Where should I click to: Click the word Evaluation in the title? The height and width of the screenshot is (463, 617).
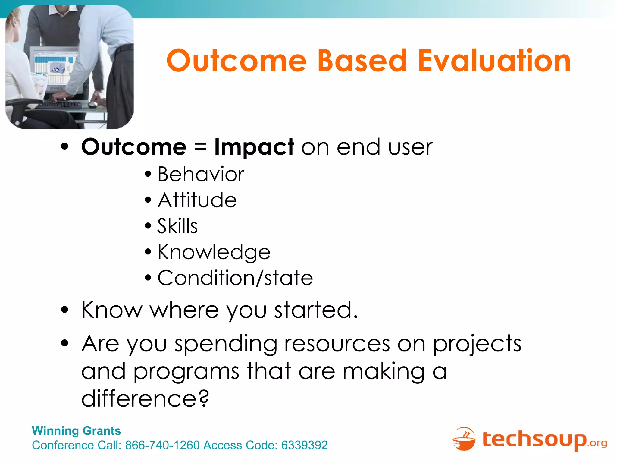(x=494, y=61)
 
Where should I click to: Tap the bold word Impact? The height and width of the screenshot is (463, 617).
(x=254, y=147)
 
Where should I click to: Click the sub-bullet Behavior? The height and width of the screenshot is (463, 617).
(x=201, y=174)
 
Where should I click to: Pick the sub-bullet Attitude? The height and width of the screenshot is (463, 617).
(x=197, y=200)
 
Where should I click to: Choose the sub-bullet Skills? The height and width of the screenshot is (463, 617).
(x=177, y=226)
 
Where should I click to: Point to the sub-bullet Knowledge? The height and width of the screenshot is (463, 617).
(x=214, y=252)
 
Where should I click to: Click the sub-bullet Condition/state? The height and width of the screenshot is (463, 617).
(x=235, y=278)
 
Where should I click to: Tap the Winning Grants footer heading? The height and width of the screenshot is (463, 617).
(x=76, y=431)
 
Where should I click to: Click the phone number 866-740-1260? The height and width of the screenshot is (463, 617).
(x=162, y=445)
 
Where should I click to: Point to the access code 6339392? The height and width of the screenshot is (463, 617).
(x=304, y=445)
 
